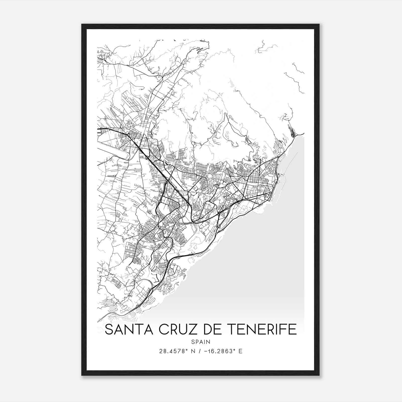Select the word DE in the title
(209, 330)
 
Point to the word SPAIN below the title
(200, 342)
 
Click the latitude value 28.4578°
(174, 351)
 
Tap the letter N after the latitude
(193, 351)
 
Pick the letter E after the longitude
(240, 351)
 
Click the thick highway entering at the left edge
(106, 129)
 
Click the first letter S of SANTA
(108, 330)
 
